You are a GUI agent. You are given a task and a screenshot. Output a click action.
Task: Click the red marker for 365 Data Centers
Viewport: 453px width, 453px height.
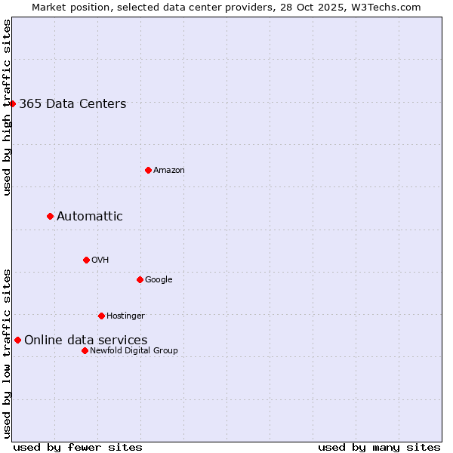(13, 103)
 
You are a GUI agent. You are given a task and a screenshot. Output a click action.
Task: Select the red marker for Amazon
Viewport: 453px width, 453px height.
(148, 170)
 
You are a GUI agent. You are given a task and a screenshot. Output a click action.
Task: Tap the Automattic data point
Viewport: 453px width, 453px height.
(51, 217)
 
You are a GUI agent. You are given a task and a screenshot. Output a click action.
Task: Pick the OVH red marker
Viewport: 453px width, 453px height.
(86, 260)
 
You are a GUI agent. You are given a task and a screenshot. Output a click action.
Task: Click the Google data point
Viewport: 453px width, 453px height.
(140, 279)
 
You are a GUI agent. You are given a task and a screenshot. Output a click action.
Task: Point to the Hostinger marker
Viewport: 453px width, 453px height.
(101, 316)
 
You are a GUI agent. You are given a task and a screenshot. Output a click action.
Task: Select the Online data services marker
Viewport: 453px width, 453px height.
(17, 340)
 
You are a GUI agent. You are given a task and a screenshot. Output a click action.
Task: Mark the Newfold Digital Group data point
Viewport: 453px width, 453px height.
(85, 350)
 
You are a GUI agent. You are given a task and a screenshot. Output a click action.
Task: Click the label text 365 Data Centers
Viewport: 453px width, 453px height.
(72, 104)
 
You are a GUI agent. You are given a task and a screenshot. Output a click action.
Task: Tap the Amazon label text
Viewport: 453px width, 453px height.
(169, 171)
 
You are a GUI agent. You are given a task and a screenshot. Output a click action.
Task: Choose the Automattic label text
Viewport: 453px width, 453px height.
(90, 217)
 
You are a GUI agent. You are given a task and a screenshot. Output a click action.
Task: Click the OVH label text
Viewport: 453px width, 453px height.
(100, 260)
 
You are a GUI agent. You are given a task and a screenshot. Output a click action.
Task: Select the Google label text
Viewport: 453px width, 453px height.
(159, 280)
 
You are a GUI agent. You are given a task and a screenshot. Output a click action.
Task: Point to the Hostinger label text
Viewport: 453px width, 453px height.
(125, 316)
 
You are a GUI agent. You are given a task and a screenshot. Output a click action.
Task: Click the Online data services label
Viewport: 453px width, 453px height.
(86, 341)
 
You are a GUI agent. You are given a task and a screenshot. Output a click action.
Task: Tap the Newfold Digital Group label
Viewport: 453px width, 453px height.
(134, 351)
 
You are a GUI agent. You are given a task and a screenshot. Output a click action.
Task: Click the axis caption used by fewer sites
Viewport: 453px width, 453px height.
(78, 447)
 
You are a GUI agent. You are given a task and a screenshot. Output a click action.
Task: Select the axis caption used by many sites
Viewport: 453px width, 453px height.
(379, 447)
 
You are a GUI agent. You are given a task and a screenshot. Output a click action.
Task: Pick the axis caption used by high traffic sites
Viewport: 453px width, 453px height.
(7, 107)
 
